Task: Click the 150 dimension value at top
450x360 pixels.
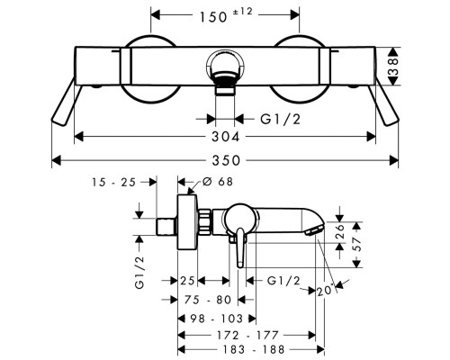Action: tap(213, 17)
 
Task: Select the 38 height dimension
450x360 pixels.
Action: tap(392, 67)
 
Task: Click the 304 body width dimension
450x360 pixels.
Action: tap(226, 137)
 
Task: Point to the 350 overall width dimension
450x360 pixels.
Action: tap(226, 160)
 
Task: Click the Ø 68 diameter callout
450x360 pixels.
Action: tap(218, 182)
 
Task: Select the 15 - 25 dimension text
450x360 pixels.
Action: tap(114, 182)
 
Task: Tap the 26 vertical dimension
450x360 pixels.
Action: tap(340, 231)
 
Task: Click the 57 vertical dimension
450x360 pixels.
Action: tap(356, 245)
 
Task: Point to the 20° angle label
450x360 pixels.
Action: tap(326, 290)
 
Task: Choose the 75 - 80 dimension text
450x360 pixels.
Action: tap(208, 300)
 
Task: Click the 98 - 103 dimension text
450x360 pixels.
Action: tap(217, 319)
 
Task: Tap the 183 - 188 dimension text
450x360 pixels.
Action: tap(254, 349)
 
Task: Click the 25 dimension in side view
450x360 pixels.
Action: tap(187, 281)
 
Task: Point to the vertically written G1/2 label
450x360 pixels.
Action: tap(139, 273)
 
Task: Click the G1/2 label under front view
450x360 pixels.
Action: tap(280, 120)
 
